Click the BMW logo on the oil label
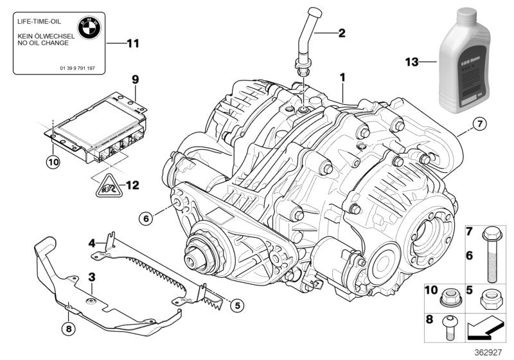[87, 28]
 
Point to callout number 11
[132, 44]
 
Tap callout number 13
[411, 62]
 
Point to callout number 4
[92, 243]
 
